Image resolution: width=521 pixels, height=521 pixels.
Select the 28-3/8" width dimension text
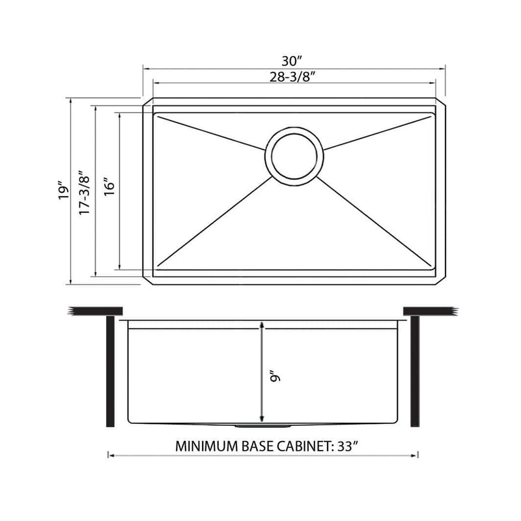(294, 76)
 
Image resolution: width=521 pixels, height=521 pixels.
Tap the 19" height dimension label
(63, 190)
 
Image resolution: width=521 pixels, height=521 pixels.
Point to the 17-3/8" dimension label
(83, 190)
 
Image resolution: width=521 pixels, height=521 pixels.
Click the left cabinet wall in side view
(111, 371)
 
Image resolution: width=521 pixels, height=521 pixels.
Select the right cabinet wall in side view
(415, 371)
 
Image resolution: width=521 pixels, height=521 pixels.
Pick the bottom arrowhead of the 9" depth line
(262, 419)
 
